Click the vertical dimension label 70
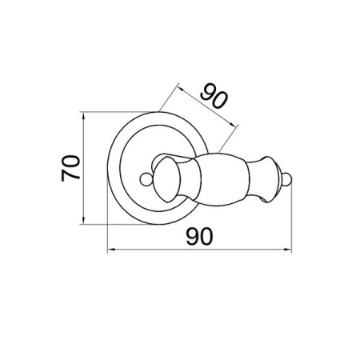70,168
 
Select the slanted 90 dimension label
214,96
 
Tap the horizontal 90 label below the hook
199,237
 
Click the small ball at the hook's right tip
287,180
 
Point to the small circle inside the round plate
146,179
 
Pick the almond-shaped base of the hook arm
166,179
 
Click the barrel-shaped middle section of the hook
222,179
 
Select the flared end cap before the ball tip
265,179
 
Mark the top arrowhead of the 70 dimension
83,116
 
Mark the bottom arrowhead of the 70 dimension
83,220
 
